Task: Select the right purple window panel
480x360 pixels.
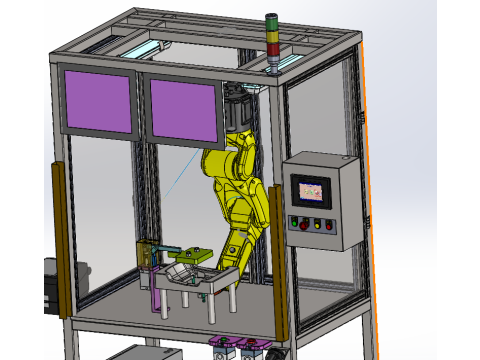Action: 184,109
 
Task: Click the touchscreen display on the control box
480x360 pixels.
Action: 311,190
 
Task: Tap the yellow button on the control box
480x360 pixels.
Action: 317,223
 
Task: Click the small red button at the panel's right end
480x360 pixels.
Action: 328,225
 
